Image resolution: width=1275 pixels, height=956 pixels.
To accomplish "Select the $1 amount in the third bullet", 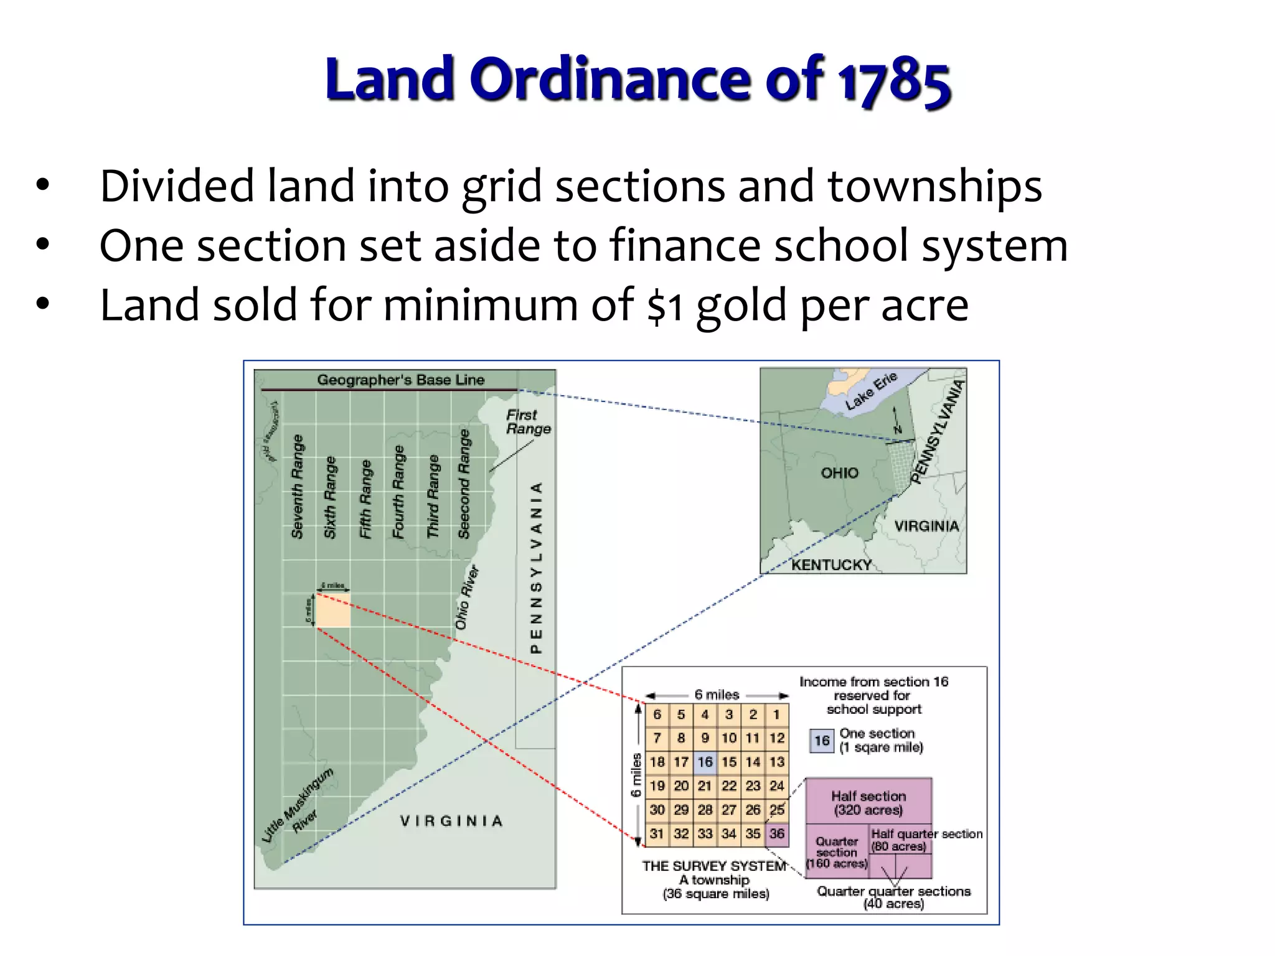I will point(665,306).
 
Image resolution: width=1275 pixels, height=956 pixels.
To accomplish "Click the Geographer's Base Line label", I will point(400,380).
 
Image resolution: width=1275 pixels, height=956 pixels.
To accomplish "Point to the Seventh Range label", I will point(298,486).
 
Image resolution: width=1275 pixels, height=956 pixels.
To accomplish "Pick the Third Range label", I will point(433,496).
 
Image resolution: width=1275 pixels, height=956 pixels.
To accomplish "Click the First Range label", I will point(528,422).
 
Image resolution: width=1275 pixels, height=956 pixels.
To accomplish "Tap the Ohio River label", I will point(467,597).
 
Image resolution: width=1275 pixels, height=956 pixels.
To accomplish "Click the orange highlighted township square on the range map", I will point(333,610).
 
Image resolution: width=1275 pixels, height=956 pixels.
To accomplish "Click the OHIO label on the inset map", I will point(839,473).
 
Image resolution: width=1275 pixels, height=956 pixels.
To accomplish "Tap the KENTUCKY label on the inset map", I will point(831,565).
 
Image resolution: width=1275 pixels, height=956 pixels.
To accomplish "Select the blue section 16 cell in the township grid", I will point(705,762).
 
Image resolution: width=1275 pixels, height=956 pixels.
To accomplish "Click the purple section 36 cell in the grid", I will point(777,834).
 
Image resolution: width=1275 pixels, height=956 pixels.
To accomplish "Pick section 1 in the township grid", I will point(777,715).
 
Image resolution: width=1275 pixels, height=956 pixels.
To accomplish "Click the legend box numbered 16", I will point(822,741).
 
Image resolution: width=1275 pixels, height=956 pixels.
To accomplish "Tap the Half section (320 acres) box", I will point(868,802).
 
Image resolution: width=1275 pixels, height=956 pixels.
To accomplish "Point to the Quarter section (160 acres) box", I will point(837,851).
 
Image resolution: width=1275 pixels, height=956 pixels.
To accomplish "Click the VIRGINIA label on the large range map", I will point(451,821).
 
